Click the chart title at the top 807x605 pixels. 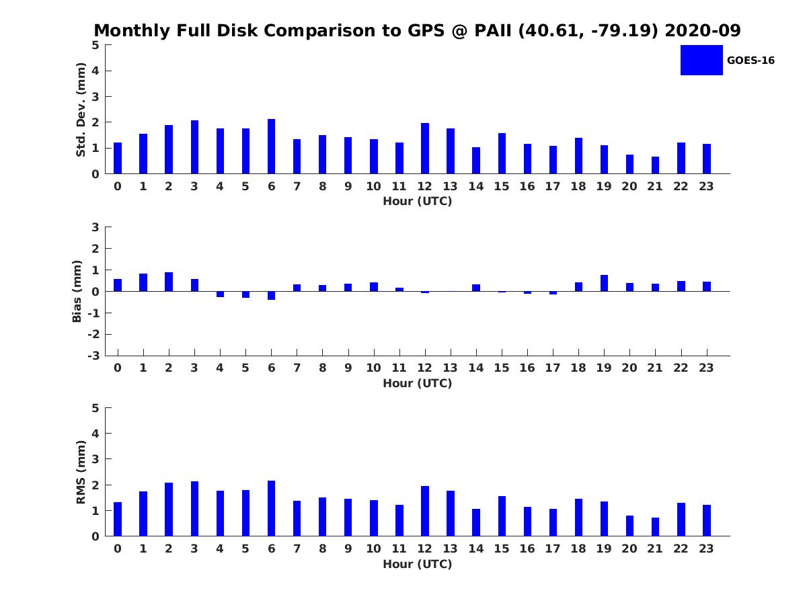(x=417, y=31)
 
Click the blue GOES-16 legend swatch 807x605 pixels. (x=701, y=60)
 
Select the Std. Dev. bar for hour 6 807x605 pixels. (x=271, y=147)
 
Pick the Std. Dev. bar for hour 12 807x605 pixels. (x=425, y=149)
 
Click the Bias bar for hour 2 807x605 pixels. (x=169, y=282)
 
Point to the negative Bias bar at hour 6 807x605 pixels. (x=271, y=296)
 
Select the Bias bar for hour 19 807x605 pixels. (x=604, y=283)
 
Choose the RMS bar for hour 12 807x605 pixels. (x=425, y=511)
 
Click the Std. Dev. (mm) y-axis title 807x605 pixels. (x=81, y=110)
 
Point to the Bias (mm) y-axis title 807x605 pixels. (x=77, y=291)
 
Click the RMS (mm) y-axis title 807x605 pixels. (x=81, y=472)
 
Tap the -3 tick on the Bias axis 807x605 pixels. (x=95, y=356)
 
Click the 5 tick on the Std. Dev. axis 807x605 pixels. (x=96, y=45)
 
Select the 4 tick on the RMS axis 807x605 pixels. (x=96, y=434)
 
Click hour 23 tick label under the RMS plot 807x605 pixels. (x=706, y=549)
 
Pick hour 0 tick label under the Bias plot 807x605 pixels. (x=118, y=368)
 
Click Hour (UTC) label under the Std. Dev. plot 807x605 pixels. (x=417, y=201)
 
